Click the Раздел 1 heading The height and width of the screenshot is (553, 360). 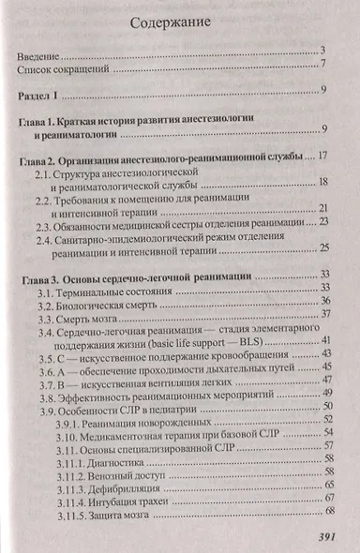click(41, 91)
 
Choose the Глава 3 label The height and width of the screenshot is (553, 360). click(41, 277)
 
